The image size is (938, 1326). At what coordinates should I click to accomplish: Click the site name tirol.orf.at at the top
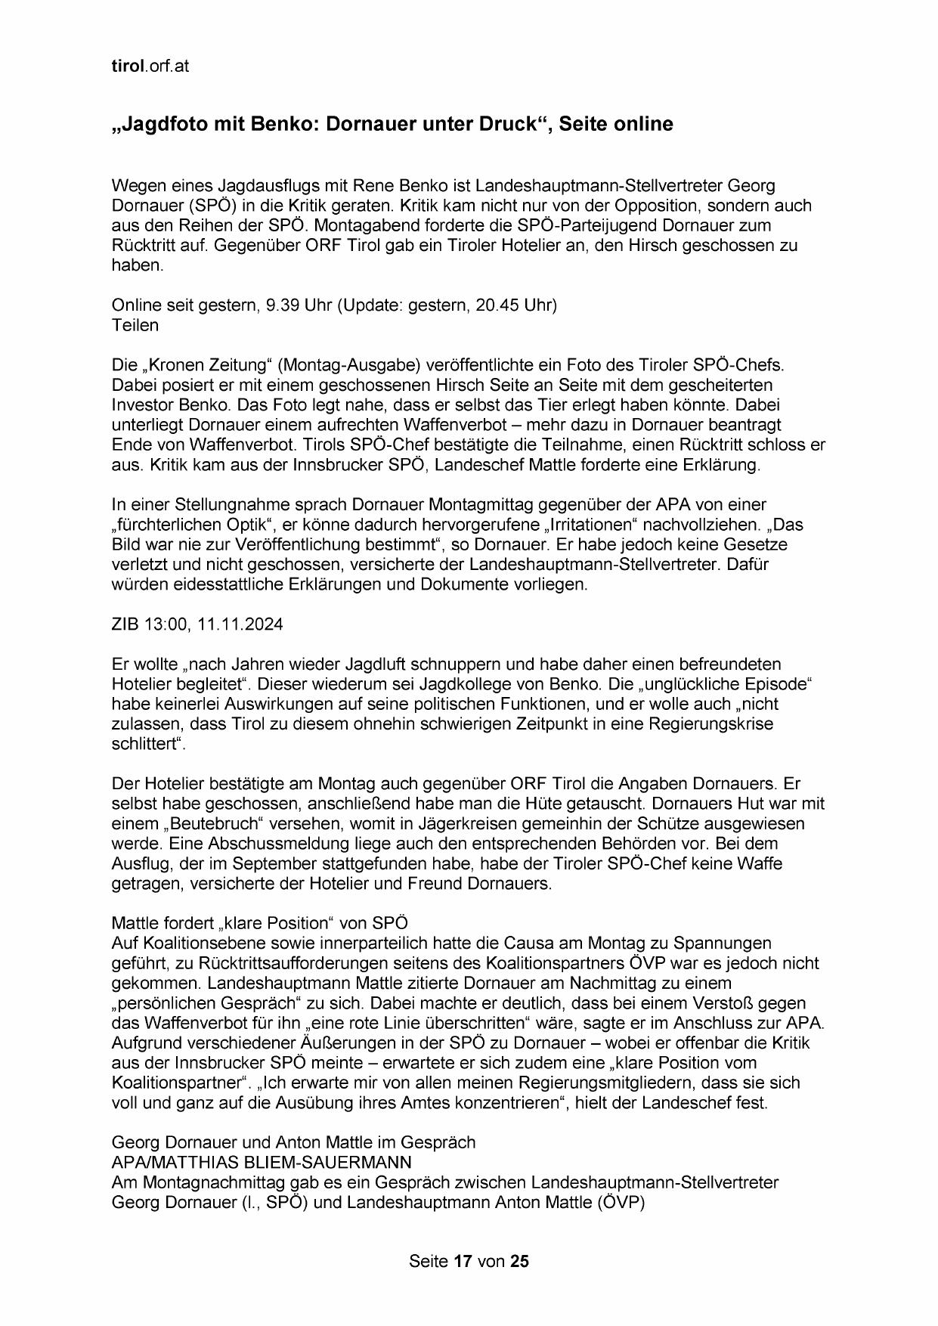150,66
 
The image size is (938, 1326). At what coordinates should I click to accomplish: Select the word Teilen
135,325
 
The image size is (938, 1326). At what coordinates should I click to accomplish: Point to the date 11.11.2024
240,624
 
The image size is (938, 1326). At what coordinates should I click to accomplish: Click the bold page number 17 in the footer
463,1261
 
